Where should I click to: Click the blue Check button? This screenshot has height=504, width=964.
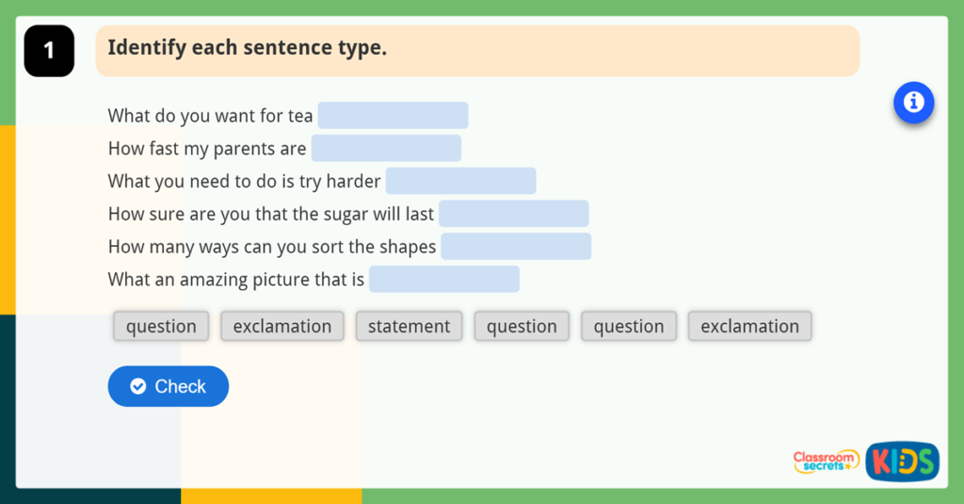coord(169,386)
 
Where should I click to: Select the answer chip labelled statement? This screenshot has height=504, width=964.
coord(409,326)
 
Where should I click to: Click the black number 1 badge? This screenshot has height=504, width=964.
coord(49,51)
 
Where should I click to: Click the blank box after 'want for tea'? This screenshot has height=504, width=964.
coord(393,116)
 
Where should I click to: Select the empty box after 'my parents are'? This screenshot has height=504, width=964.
coord(386,149)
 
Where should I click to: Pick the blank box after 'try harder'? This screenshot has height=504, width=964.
coord(460,181)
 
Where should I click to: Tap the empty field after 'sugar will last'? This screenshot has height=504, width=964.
coord(513,214)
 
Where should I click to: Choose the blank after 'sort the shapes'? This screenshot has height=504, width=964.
coord(516,247)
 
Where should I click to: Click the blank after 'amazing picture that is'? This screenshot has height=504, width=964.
coord(444,279)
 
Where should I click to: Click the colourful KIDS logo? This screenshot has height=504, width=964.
coord(902,462)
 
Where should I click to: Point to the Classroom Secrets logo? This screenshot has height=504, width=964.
coord(826,462)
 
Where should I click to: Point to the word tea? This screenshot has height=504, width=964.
coord(300,116)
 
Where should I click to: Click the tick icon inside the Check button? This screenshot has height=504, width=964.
coord(138,386)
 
